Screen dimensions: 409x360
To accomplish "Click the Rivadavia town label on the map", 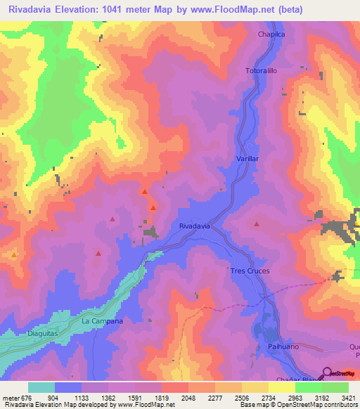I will coord(194,226).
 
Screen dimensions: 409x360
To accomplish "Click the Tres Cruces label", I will coord(250,271).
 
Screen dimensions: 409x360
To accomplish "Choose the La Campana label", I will coord(103,321).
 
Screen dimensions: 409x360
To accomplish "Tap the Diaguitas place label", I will coord(43,334).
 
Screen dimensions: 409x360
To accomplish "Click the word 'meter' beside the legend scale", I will coord(11,397).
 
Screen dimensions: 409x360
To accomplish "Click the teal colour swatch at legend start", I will coord(41,387).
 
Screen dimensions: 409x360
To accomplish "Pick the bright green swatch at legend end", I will coord(335,387).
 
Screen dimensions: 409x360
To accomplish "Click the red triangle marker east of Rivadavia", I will coord(257,224).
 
